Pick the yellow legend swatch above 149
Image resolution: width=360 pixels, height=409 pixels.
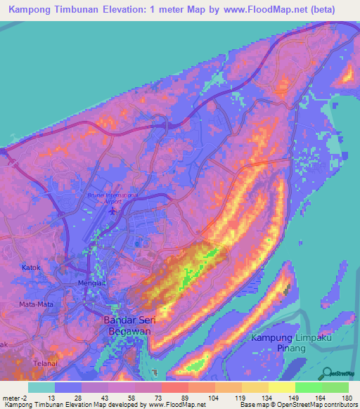pyautogui.click(x=282, y=387)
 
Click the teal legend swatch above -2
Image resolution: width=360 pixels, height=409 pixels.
pyautogui.click(x=41, y=387)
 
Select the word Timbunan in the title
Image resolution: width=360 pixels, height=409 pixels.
pyautogui.click(x=86, y=10)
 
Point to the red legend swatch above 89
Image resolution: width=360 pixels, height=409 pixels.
pyautogui.click(x=174, y=387)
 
